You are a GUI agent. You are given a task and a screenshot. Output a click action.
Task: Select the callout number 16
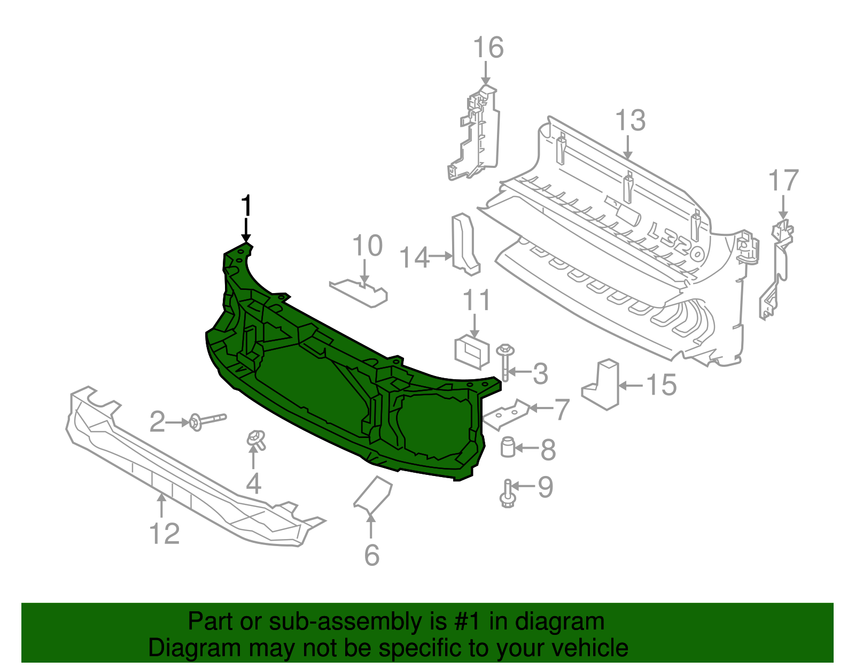[x=488, y=48]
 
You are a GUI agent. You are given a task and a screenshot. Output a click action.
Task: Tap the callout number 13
[x=630, y=120]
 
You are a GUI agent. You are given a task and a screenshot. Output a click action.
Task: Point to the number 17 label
[x=783, y=181]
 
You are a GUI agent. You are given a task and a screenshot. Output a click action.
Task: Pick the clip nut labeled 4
[x=256, y=440]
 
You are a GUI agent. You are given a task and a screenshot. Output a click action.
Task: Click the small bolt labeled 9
[x=508, y=494]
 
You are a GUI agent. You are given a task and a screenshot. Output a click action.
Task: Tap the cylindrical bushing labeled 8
[x=508, y=447]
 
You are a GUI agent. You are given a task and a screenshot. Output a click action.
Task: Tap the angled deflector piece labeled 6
[x=373, y=494]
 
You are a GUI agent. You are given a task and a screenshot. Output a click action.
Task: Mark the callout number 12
[x=164, y=534]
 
